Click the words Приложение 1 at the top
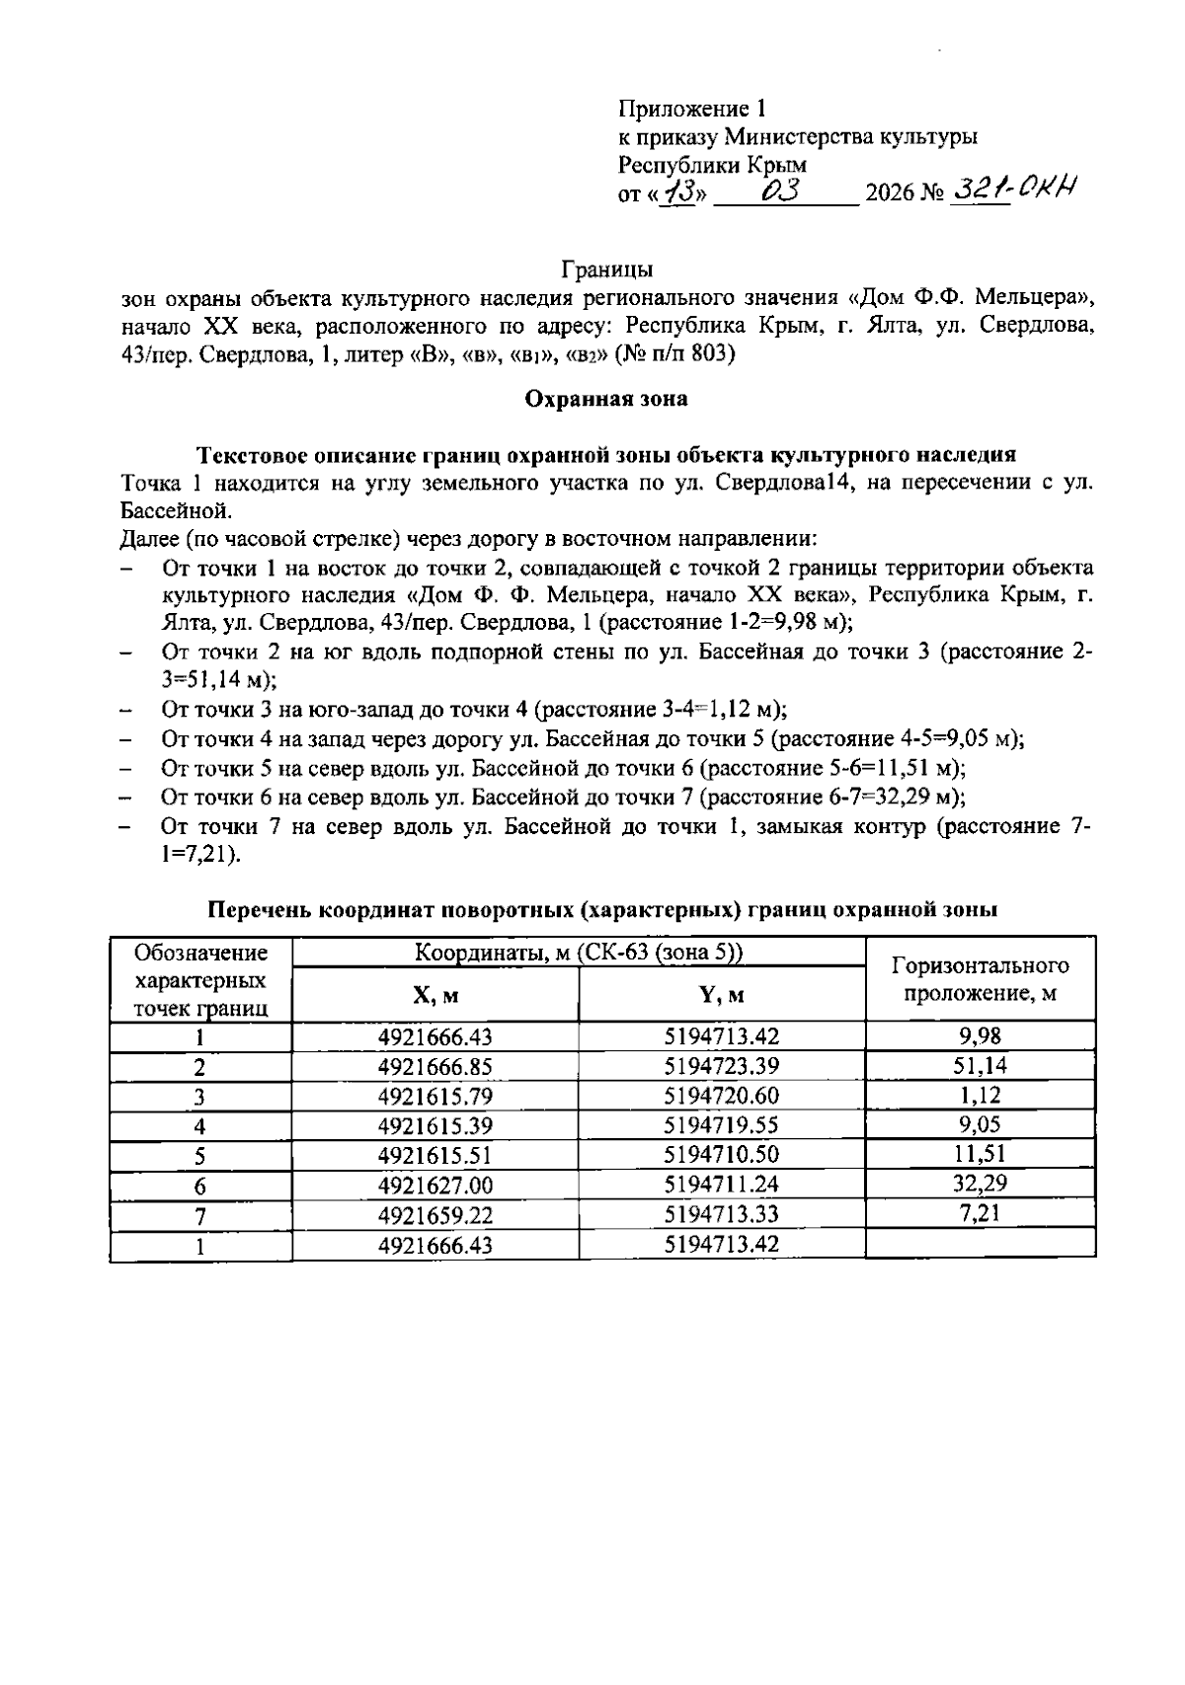[x=692, y=108]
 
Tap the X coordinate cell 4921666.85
[x=435, y=1067]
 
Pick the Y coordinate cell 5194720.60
[x=722, y=1097]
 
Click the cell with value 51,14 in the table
[x=980, y=1065]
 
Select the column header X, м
[x=435, y=996]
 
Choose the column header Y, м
[x=722, y=996]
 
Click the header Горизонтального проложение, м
[x=980, y=979]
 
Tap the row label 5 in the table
[x=200, y=1155]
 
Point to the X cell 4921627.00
[x=435, y=1186]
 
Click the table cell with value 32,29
[x=980, y=1183]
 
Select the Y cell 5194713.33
[x=722, y=1215]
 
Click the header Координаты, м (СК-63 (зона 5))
[x=579, y=953]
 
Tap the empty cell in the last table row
[x=980, y=1244]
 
